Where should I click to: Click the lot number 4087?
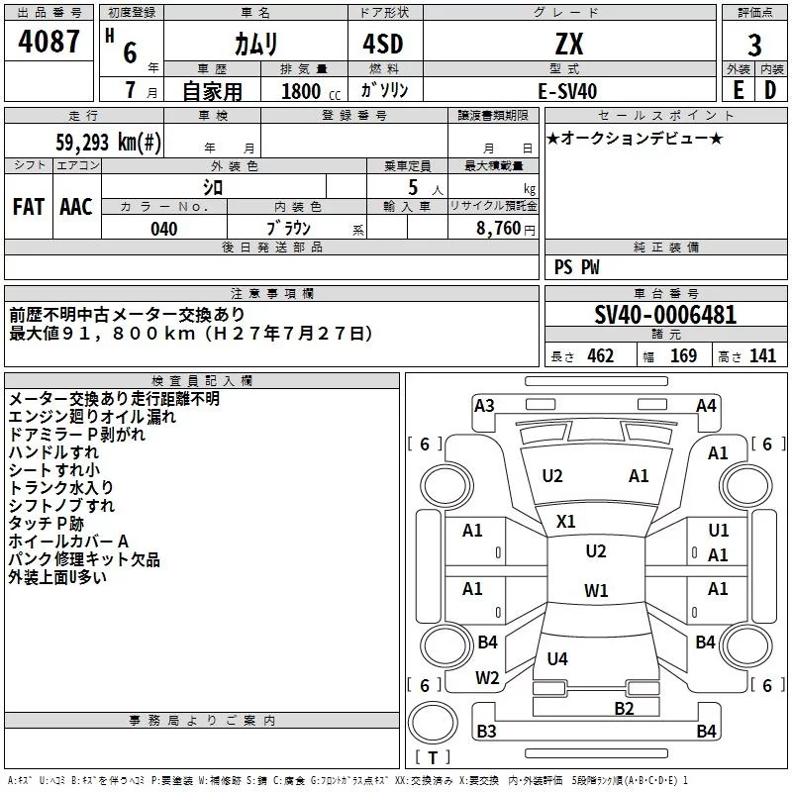tap(49, 41)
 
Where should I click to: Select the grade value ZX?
tap(569, 44)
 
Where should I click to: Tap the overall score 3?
tap(754, 45)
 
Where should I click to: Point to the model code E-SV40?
tap(567, 91)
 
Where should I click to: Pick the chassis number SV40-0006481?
tap(665, 315)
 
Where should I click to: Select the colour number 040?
tap(164, 229)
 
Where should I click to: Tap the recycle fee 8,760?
tap(498, 229)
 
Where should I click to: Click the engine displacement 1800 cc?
tap(311, 91)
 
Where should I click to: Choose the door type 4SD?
tap(383, 44)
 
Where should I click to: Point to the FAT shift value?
tap(29, 207)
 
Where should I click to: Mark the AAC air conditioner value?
tap(76, 207)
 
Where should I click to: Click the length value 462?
tap(601, 355)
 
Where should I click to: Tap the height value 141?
tap(762, 355)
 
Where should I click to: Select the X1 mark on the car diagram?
tap(565, 522)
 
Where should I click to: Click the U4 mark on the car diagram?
tap(557, 658)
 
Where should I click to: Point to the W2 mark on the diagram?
tap(487, 678)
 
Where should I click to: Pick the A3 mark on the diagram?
tap(484, 406)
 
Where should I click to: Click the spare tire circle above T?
tap(433, 723)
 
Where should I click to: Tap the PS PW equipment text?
tap(576, 267)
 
